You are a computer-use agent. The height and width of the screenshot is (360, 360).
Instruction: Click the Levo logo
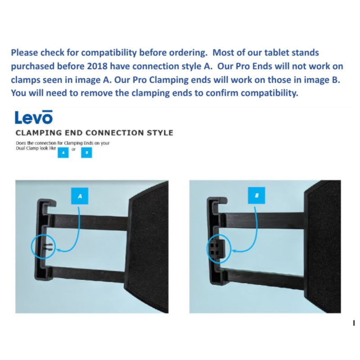coord(34,117)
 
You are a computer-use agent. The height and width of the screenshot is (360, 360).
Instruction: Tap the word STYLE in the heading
coord(158,133)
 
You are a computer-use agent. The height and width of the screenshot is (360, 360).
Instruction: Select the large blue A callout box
coord(80,196)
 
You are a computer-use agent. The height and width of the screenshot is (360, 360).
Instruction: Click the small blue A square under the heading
coord(63,153)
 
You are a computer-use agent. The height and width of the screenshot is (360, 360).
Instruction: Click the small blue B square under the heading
coord(86,153)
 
